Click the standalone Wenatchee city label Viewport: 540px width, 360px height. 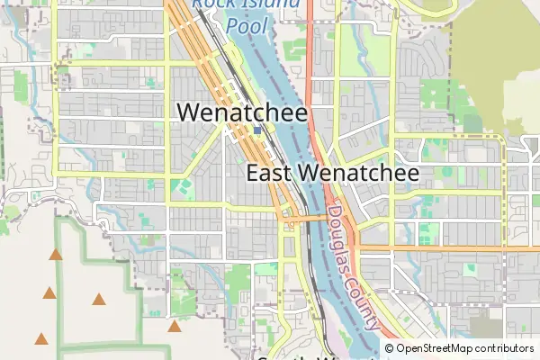(x=243, y=112)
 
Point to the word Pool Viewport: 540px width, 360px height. (x=247, y=26)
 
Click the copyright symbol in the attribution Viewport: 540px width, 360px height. (x=390, y=348)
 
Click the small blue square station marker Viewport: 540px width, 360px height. (x=257, y=130)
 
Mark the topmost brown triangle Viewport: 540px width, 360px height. (x=56, y=255)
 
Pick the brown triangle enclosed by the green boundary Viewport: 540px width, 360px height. (x=98, y=300)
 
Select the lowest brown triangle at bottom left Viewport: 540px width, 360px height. (x=40, y=339)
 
